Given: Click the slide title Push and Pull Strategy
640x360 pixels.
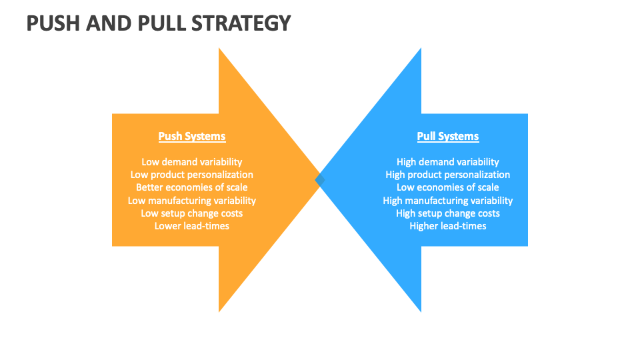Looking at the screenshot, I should pos(159,23).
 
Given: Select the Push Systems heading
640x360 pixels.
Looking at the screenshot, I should pos(192,137).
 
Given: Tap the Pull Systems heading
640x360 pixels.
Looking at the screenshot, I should pos(448,137).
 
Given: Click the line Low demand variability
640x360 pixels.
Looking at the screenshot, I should pos(192,162).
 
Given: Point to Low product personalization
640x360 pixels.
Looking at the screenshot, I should pos(192,175).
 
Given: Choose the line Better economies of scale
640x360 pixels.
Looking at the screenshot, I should pos(192,187).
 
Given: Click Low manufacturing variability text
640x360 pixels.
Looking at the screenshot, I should pos(192,201).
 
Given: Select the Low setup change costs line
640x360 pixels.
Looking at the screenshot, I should pos(192,213).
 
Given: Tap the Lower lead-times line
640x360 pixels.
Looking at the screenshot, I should pos(192,226).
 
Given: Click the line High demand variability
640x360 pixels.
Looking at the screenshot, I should pos(448,162).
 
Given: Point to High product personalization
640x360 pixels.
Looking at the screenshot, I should pos(448,175).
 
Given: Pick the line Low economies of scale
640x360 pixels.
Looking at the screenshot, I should pos(448,187).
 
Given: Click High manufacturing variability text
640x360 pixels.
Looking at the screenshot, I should pos(448,201).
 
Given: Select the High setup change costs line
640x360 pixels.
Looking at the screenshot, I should pos(448,213).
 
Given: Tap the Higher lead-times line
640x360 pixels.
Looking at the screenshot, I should pos(448,226).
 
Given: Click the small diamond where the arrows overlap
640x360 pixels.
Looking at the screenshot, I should pos(320,180).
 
